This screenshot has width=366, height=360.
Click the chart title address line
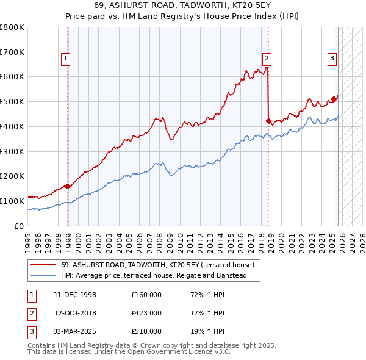click(x=183, y=5)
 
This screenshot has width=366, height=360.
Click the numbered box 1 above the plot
click(x=65, y=59)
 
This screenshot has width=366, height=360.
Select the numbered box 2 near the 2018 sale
click(x=267, y=59)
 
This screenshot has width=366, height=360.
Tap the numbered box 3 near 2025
click(x=332, y=59)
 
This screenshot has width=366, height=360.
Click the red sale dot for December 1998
click(x=68, y=186)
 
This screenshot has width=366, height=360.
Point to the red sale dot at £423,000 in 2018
click(x=268, y=121)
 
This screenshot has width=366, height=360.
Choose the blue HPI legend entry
click(x=153, y=276)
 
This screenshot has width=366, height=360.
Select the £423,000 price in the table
click(x=146, y=313)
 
